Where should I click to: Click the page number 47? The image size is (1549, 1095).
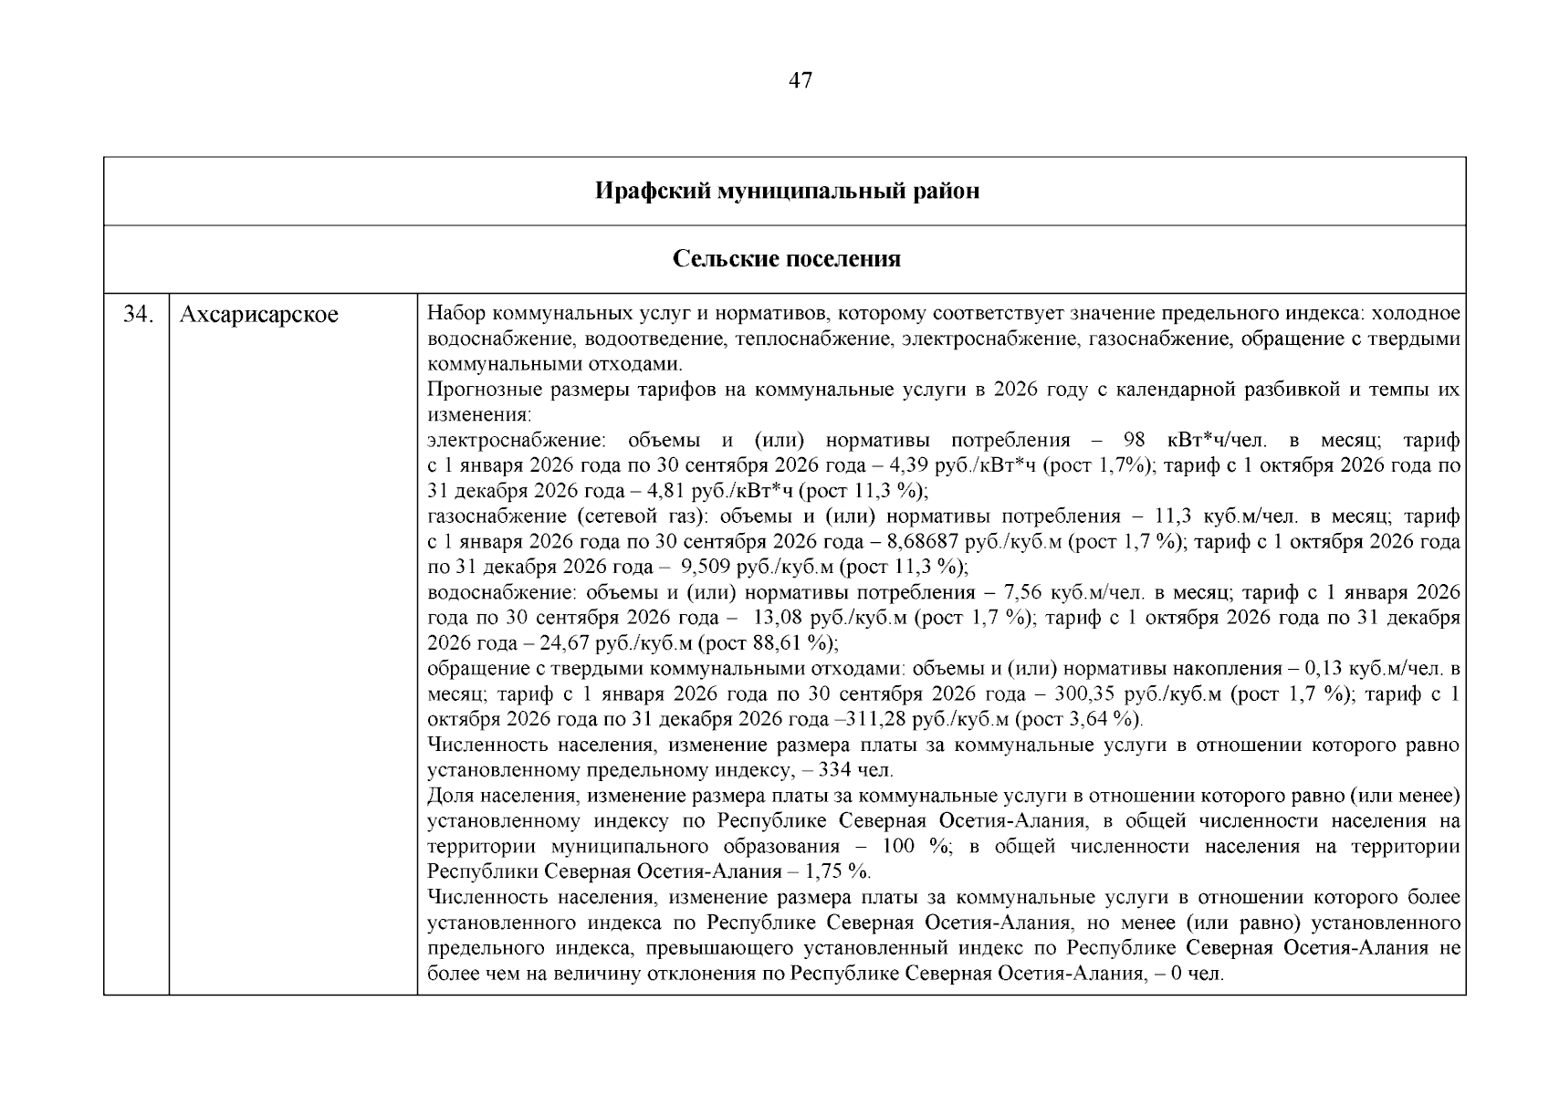click(x=799, y=81)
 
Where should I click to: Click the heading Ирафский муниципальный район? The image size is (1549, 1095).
click(x=787, y=192)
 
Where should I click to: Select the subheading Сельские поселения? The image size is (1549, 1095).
click(x=787, y=259)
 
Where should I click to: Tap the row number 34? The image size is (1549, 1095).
click(x=137, y=316)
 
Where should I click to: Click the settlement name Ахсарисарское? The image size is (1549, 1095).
click(x=259, y=316)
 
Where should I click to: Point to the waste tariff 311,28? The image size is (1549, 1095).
click(x=871, y=719)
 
